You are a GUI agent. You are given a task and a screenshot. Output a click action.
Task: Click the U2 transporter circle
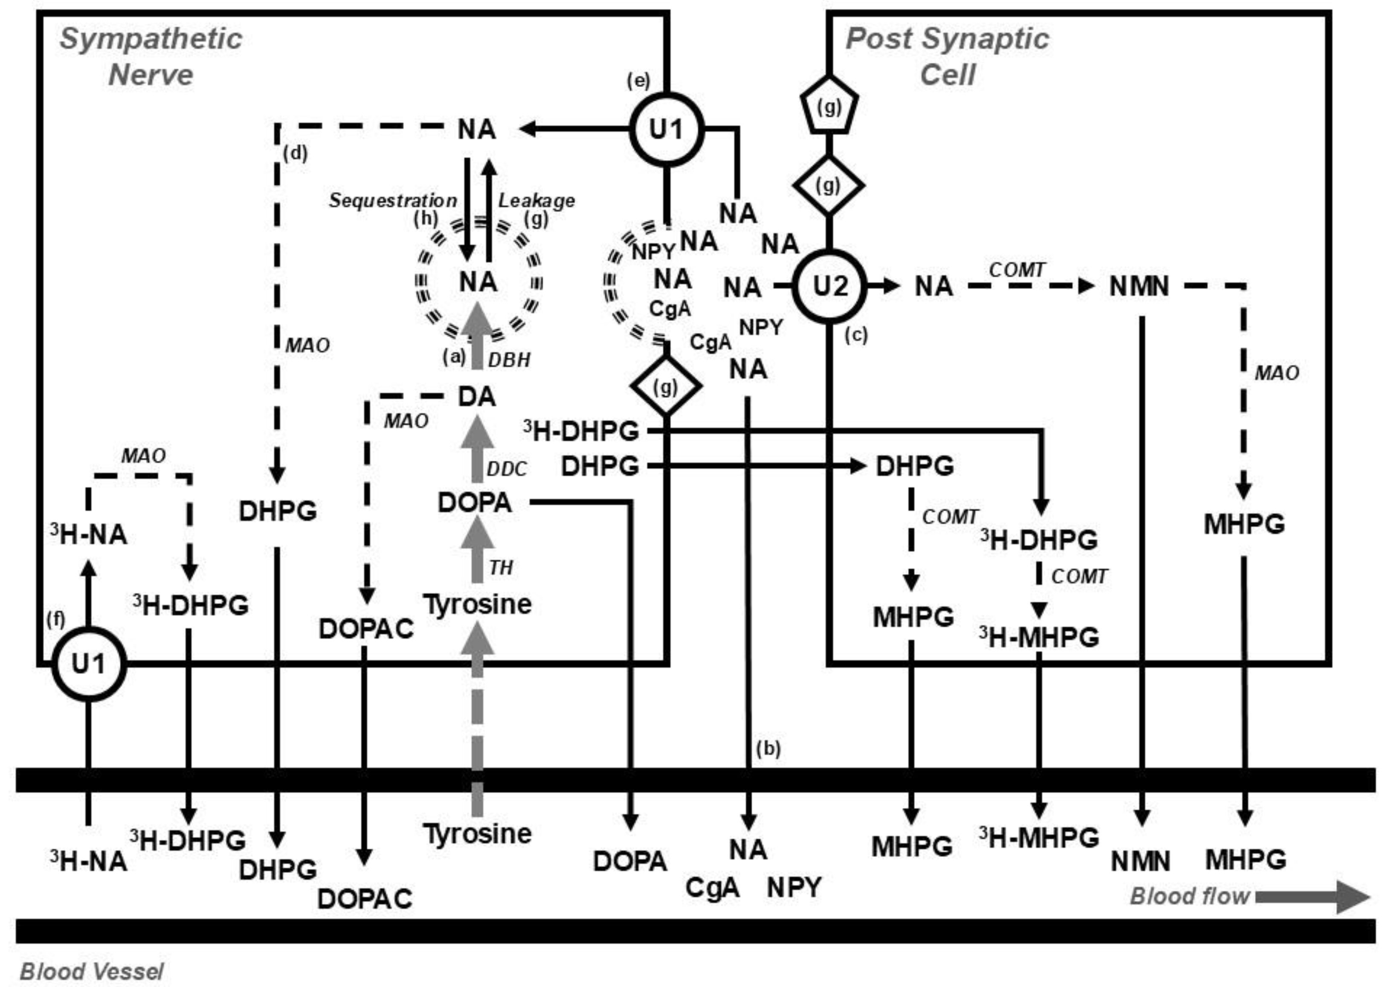829,285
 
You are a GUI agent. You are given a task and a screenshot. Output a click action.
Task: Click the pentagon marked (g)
829,106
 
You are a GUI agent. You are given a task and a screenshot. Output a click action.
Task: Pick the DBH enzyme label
509,360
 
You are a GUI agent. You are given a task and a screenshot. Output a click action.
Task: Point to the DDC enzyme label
507,469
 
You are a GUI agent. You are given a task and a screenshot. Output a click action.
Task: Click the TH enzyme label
501,568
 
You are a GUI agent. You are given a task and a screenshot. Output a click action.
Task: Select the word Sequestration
392,200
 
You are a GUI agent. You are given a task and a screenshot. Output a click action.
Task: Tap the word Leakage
536,200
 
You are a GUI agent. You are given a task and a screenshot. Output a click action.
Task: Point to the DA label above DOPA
477,397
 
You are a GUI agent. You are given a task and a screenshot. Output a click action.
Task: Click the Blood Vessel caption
92,971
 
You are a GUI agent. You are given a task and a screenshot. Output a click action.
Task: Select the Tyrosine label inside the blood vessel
477,833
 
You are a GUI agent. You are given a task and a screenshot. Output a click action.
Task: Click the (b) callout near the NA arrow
768,749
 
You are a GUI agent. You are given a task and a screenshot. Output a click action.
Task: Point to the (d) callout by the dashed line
295,153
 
